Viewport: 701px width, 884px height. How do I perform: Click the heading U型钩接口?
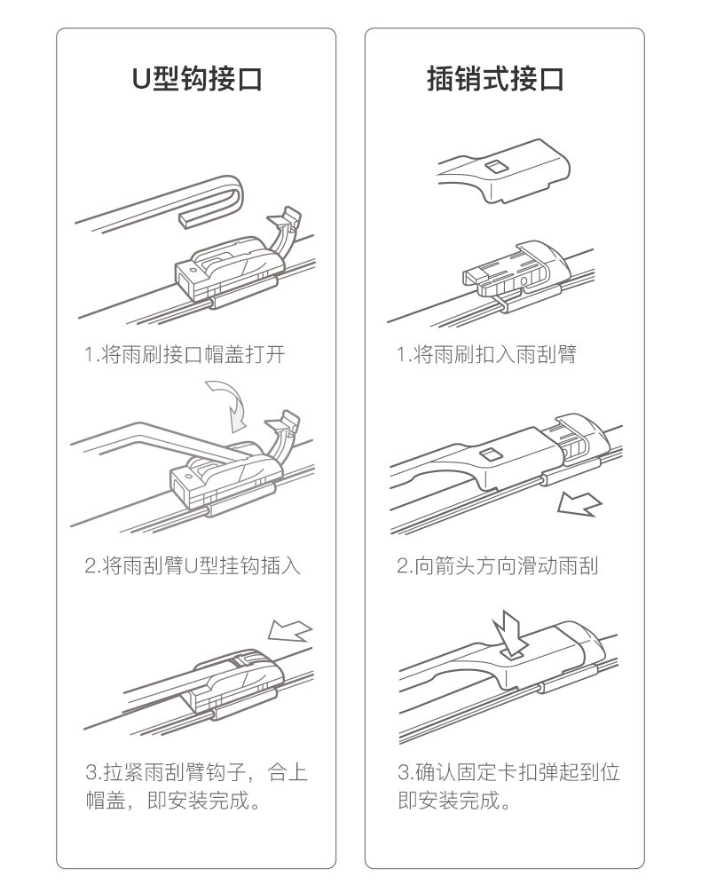point(197,78)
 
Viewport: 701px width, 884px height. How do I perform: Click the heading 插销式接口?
point(496,78)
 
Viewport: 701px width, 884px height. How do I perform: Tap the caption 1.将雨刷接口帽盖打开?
point(185,355)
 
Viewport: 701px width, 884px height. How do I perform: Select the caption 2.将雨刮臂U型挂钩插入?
point(193,565)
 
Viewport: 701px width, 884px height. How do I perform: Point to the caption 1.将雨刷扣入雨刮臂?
point(485,355)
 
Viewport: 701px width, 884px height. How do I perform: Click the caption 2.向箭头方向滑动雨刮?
point(497,565)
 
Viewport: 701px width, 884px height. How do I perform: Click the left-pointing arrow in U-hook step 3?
point(289,630)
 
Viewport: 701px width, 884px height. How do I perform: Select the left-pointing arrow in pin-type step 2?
point(579,503)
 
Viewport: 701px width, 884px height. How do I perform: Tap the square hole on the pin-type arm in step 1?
point(496,166)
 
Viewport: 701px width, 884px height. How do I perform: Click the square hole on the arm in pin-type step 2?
point(490,454)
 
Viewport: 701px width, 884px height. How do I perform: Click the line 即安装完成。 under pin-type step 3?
point(454,800)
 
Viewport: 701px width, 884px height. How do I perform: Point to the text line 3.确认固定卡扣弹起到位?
point(508,772)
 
